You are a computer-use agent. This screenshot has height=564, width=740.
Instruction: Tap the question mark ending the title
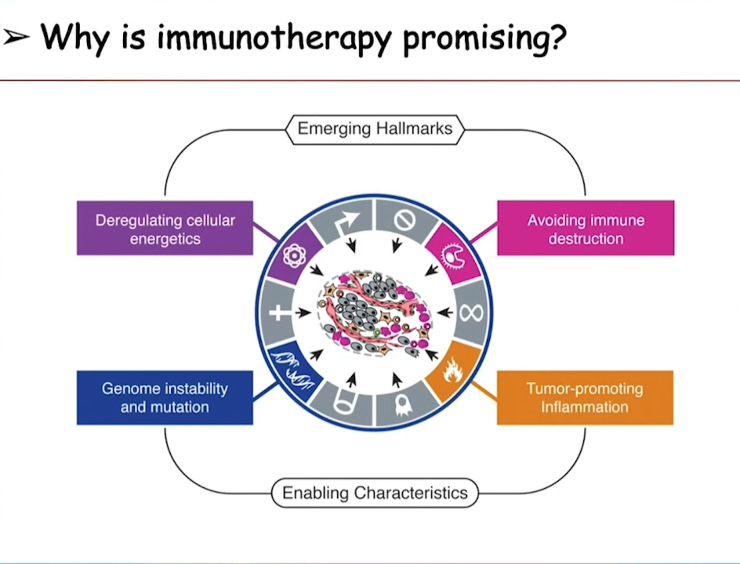click(556, 36)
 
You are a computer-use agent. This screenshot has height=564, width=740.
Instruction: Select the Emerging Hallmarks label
click(375, 129)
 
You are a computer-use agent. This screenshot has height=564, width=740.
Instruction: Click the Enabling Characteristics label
click(375, 493)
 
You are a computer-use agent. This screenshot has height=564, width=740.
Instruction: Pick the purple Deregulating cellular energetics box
click(165, 229)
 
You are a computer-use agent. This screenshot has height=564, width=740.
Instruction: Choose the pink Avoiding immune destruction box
click(586, 229)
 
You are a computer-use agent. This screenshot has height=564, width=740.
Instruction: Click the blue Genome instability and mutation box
click(165, 397)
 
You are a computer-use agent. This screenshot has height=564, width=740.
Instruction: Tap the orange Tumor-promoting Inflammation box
click(586, 397)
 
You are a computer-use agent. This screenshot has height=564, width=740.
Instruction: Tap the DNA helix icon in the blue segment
click(292, 371)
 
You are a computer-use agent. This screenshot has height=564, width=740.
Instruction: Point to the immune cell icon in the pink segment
click(453, 256)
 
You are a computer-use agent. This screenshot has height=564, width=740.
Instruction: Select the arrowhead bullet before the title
click(16, 38)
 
